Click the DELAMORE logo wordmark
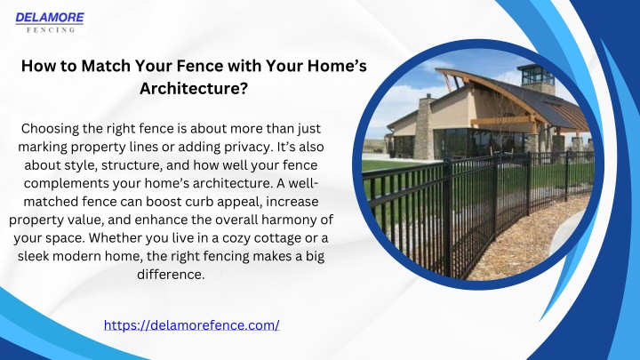(50, 18)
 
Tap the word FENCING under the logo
(51, 30)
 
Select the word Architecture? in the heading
(194, 88)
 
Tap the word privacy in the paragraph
(248, 147)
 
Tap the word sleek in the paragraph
(33, 256)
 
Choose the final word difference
(171, 275)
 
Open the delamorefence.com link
(191, 325)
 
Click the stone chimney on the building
(424, 128)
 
